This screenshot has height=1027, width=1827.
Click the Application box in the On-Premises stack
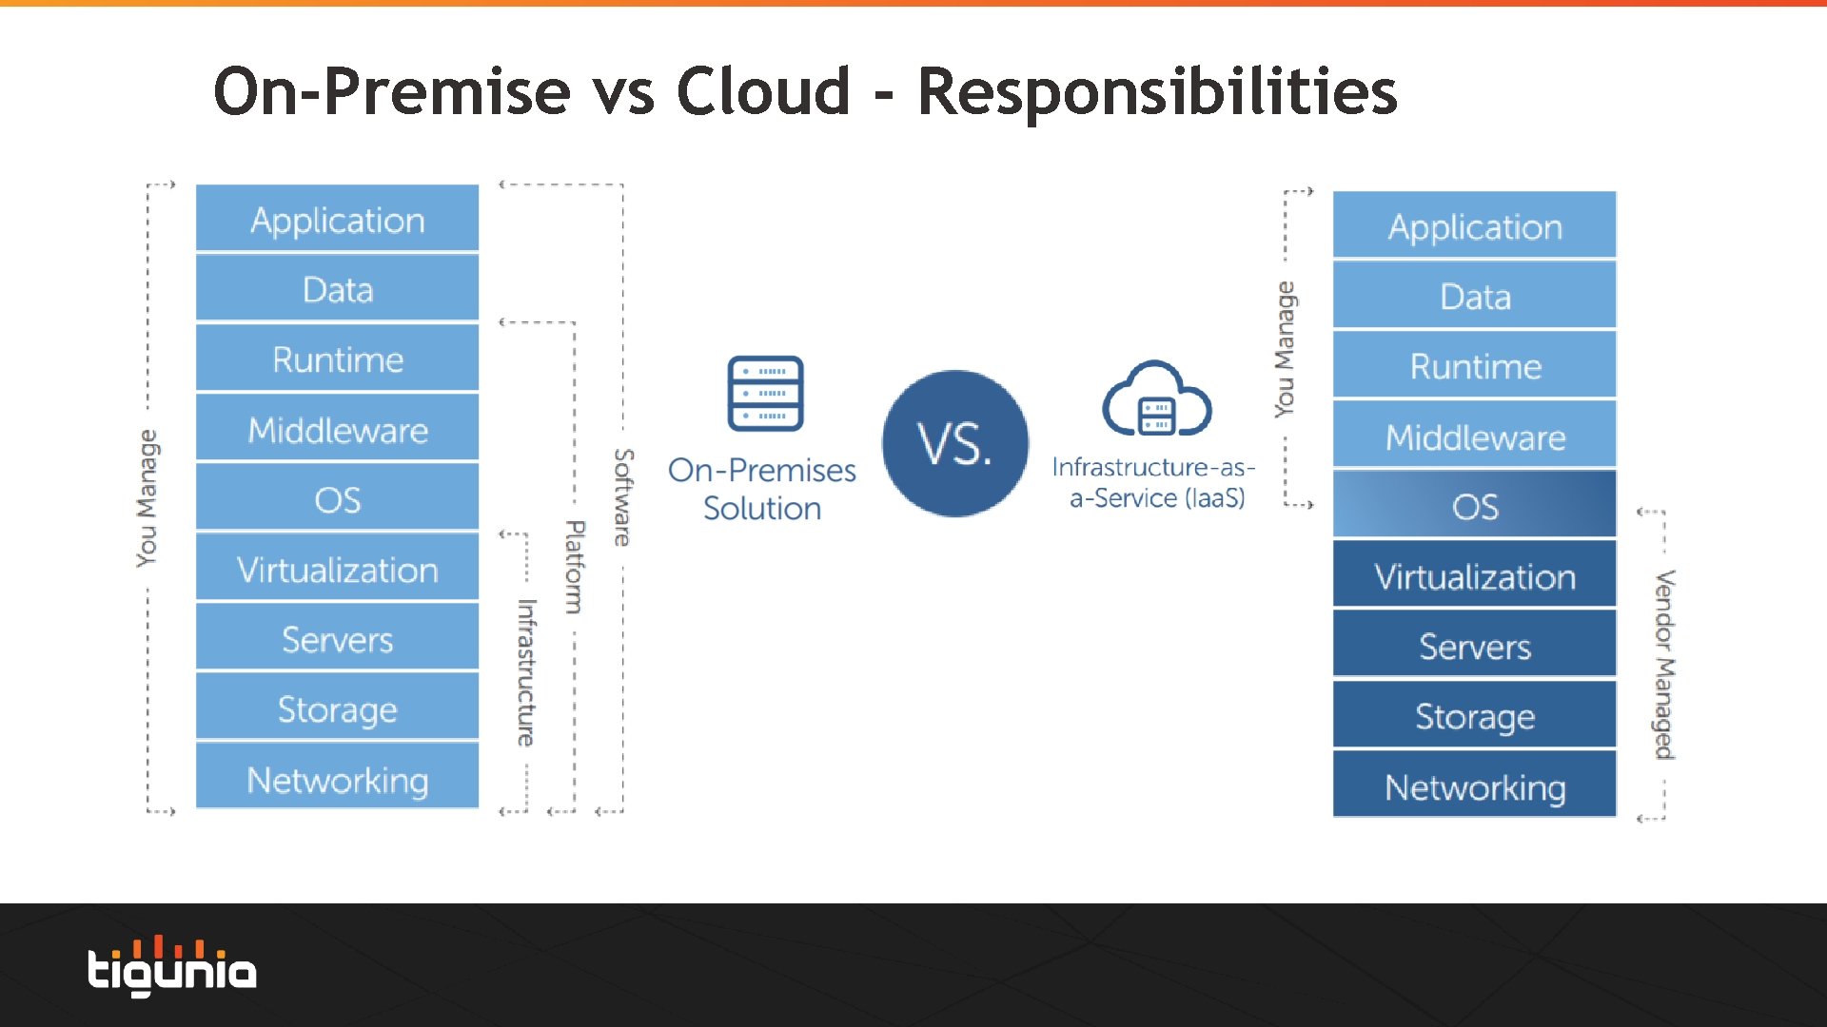point(337,220)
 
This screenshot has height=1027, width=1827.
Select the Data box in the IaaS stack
point(1474,297)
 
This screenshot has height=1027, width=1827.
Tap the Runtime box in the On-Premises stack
point(337,359)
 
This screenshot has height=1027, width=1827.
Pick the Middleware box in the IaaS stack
point(1474,436)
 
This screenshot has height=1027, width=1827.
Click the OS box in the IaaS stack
point(1474,506)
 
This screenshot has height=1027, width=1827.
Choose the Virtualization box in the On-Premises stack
point(337,570)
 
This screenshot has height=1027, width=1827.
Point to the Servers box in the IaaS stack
point(1474,647)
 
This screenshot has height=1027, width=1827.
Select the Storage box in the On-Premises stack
point(337,709)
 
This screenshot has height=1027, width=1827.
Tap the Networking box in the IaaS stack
point(1474,786)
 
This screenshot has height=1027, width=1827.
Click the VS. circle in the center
point(954,443)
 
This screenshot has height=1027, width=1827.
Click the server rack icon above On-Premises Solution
point(765,394)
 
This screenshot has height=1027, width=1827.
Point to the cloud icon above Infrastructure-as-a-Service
point(1156,399)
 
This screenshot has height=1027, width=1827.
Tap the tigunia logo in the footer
point(172,967)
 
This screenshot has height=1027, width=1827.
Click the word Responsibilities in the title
point(1156,92)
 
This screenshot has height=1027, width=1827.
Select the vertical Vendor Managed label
point(1664,664)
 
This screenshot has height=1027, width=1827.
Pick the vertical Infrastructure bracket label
point(526,671)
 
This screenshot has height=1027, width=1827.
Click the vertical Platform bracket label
point(574,566)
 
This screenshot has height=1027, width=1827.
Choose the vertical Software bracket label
point(622,496)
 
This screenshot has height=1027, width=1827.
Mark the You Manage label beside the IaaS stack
point(1285,349)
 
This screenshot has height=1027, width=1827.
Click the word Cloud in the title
point(763,92)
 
